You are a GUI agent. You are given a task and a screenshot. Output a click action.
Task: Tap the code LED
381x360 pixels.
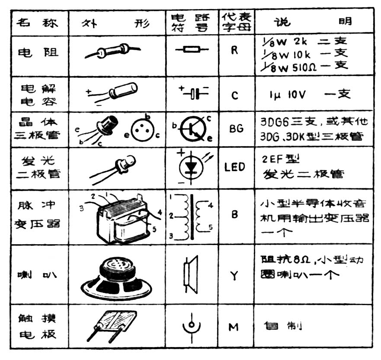pyautogui.click(x=235, y=166)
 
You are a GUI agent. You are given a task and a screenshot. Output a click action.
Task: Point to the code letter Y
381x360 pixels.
pyautogui.click(x=234, y=275)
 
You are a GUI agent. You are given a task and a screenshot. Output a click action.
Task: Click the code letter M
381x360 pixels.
pyautogui.click(x=234, y=327)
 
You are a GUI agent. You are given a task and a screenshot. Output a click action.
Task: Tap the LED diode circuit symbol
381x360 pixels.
pyautogui.click(x=190, y=167)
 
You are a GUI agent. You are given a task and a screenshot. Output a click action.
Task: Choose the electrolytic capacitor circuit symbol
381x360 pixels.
pyautogui.click(x=193, y=92)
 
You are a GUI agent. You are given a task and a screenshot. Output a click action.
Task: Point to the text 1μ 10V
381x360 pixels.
pyautogui.click(x=287, y=95)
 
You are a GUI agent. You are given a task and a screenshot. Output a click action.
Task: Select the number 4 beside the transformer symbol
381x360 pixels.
pyautogui.click(x=211, y=206)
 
